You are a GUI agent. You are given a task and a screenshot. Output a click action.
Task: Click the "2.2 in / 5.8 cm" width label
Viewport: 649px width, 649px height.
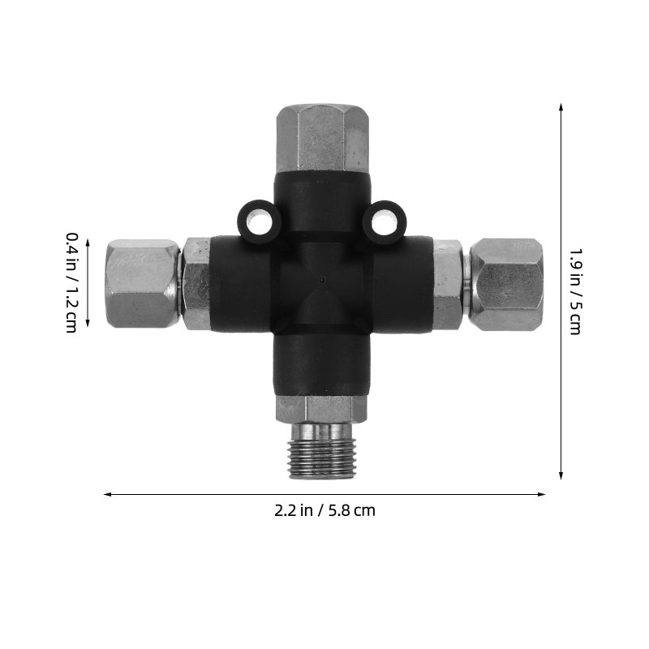pyautogui.click(x=324, y=510)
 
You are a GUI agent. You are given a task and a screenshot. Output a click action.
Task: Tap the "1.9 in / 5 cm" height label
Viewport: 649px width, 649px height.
pyautogui.click(x=575, y=292)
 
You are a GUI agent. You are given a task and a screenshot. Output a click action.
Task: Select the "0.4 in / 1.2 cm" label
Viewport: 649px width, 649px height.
pyautogui.click(x=72, y=282)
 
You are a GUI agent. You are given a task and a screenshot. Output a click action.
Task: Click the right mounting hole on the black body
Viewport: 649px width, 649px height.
pyautogui.click(x=385, y=223)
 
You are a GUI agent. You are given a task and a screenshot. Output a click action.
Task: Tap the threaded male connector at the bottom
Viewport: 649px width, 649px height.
pyautogui.click(x=321, y=451)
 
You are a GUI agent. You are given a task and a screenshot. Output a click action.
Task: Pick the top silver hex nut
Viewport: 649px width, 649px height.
pyautogui.click(x=322, y=138)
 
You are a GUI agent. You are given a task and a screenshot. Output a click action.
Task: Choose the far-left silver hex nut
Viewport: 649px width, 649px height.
pyautogui.click(x=143, y=284)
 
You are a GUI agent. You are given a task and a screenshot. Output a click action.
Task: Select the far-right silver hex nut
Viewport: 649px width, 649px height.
pyautogui.click(x=505, y=285)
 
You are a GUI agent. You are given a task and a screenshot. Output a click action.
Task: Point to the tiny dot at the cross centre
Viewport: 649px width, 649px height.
pyautogui.click(x=322, y=280)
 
